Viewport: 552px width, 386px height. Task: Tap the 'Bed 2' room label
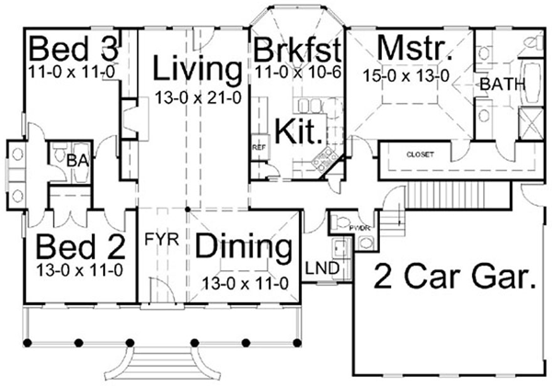[70, 247]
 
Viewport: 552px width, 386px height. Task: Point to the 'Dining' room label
[245, 247]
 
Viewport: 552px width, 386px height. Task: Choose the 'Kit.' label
[303, 131]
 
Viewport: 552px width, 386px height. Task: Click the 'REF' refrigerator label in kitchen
[259, 146]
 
